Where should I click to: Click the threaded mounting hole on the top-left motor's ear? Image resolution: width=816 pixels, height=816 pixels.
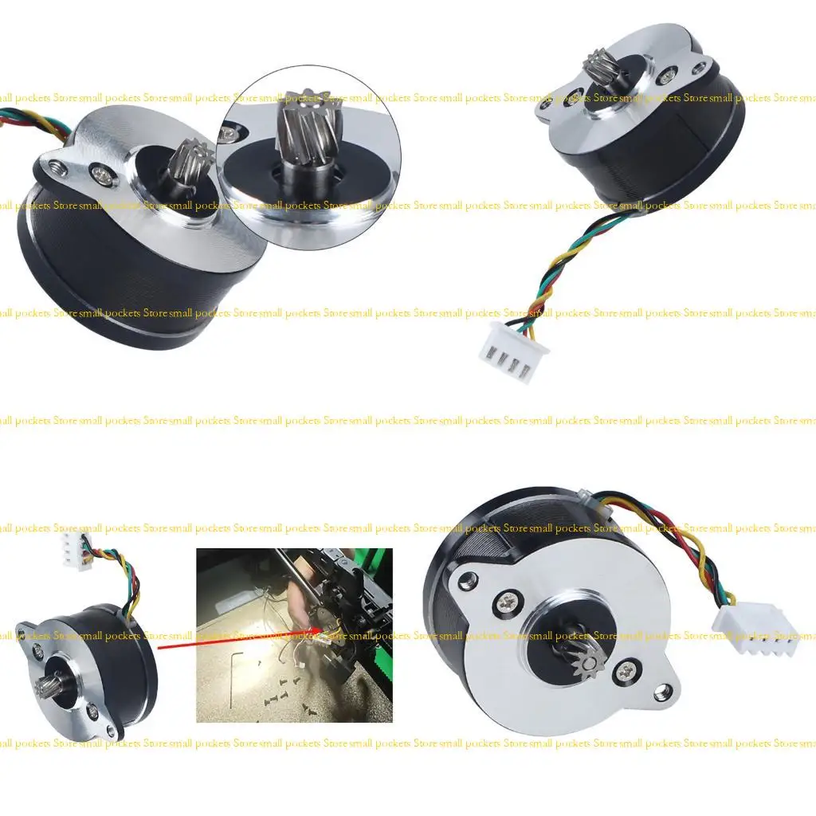click(56, 167)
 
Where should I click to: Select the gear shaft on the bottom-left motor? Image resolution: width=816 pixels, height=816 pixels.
click(46, 685)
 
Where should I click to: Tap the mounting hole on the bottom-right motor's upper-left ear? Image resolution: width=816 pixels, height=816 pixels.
click(469, 579)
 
